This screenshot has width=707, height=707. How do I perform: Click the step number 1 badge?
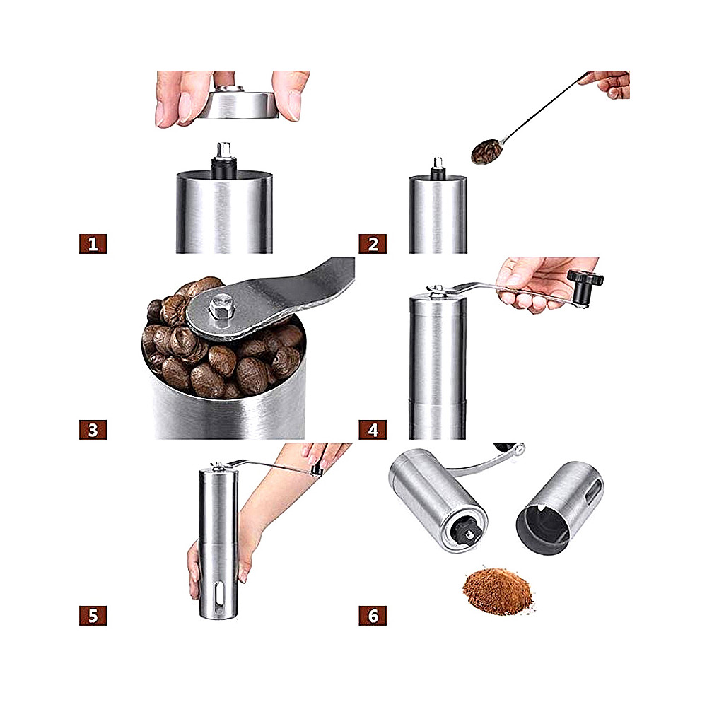click(x=93, y=244)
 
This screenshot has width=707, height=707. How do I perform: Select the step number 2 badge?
click(x=373, y=244)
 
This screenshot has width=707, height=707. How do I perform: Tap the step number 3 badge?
click(x=93, y=430)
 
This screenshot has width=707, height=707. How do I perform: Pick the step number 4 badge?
click(x=373, y=430)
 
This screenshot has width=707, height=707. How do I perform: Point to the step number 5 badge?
click(x=93, y=616)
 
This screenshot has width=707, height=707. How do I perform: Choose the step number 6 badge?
click(x=373, y=616)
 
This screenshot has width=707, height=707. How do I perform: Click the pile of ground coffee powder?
click(x=498, y=591)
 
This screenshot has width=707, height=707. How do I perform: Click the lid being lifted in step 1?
click(x=237, y=105)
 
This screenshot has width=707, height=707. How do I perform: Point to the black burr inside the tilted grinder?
click(x=465, y=530)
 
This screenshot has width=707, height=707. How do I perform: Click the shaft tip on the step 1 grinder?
click(x=223, y=150)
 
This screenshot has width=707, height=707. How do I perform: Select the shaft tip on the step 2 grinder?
click(x=438, y=163)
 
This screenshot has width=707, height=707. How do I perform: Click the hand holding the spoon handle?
click(x=607, y=84)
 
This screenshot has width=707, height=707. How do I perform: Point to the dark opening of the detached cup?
click(x=542, y=528)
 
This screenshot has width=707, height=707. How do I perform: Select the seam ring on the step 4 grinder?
click(x=438, y=401)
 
